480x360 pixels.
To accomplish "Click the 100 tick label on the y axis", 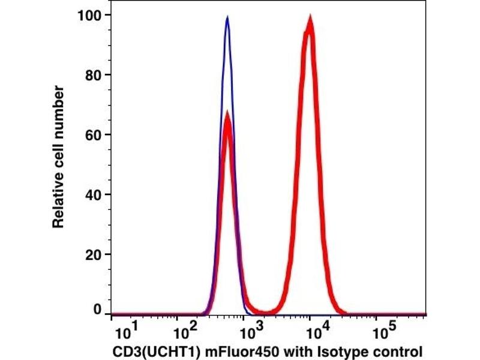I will tap(89, 15).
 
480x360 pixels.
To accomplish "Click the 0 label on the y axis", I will tap(97, 310).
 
